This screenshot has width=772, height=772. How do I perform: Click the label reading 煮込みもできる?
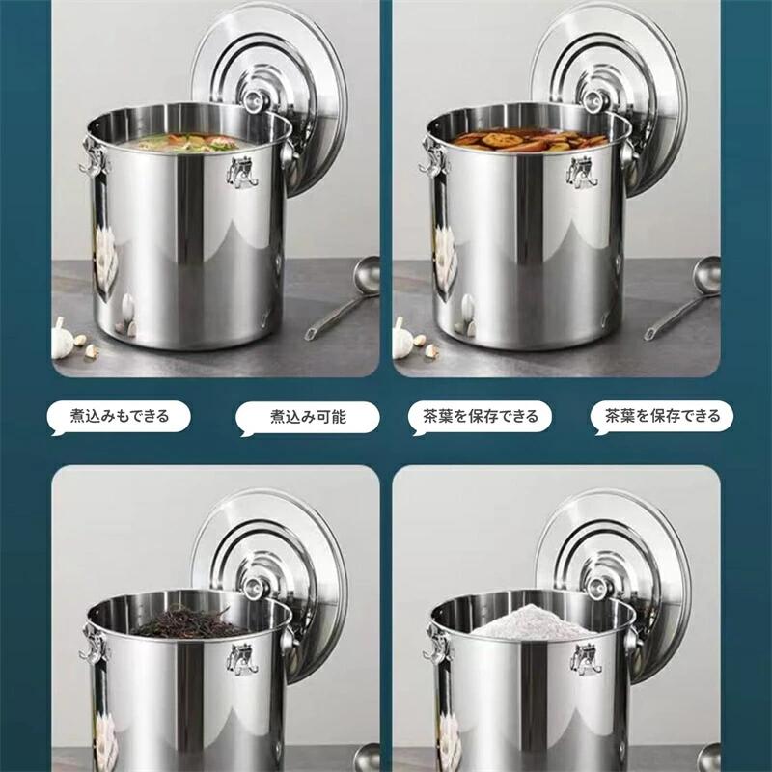(120, 417)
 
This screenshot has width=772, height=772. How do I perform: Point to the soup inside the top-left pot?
(183, 144)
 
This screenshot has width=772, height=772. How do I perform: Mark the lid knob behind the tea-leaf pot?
(255, 585)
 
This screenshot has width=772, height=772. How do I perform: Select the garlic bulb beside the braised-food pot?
(403, 339)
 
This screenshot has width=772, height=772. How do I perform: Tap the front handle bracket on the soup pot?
(240, 171)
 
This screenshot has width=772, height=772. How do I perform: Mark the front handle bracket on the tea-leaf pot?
(242, 657)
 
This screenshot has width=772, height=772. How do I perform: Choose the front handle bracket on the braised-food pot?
(583, 171)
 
